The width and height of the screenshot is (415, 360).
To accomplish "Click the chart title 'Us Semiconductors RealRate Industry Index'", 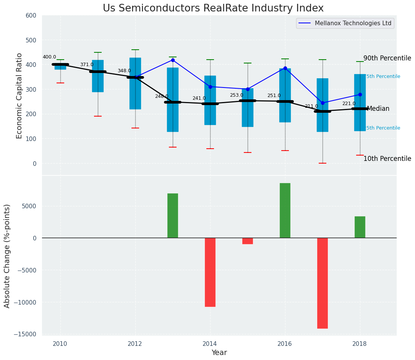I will [213, 8].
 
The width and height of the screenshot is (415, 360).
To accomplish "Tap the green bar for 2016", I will [285, 211].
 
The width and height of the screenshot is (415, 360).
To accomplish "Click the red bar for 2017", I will [323, 283].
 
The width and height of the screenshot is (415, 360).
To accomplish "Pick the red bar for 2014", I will [210, 272].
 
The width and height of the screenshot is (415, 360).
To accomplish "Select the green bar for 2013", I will [173, 216].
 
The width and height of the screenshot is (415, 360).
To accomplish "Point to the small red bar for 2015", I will [248, 241].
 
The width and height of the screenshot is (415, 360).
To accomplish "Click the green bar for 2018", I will [360, 227].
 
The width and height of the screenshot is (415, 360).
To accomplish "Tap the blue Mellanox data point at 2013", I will [173, 60].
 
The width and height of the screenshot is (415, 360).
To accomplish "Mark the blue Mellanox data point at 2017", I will [323, 103].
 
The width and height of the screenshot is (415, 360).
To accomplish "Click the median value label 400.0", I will [49, 57].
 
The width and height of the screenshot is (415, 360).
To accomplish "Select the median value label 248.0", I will [162, 96].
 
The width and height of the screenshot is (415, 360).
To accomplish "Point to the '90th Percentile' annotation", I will [387, 58].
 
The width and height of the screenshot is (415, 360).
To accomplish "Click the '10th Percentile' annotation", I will [387, 159].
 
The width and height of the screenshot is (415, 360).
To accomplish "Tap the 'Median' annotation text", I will [378, 109].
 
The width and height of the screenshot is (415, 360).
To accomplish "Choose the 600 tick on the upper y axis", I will [31, 15].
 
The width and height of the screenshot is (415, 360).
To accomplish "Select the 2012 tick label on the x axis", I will [135, 344].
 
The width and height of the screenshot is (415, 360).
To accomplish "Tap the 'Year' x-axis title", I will [219, 353].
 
